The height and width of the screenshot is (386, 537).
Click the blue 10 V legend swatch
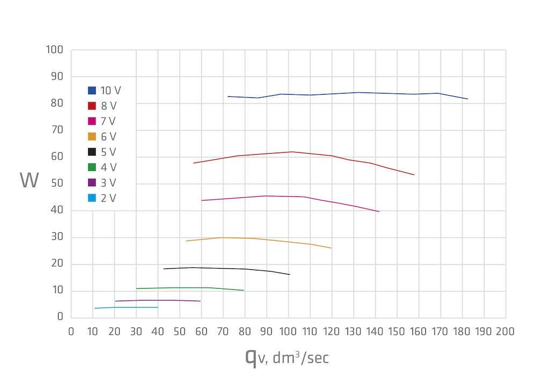coord(92,90)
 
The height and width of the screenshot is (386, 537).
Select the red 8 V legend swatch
coord(92,106)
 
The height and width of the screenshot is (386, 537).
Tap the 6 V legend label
coord(108,137)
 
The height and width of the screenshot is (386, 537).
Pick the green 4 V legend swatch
coord(92,168)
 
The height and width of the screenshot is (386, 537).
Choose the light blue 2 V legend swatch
coord(92,198)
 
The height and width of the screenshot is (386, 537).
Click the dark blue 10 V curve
coord(333,94)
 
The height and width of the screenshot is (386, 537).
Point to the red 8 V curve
coord(290,152)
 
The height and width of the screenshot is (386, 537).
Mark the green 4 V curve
coord(188,288)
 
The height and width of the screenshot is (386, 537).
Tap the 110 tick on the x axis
coord(310,331)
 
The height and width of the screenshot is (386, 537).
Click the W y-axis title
coord(30,181)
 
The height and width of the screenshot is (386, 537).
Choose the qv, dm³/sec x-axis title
coord(287,357)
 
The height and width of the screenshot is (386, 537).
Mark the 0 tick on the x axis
coord(71,331)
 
